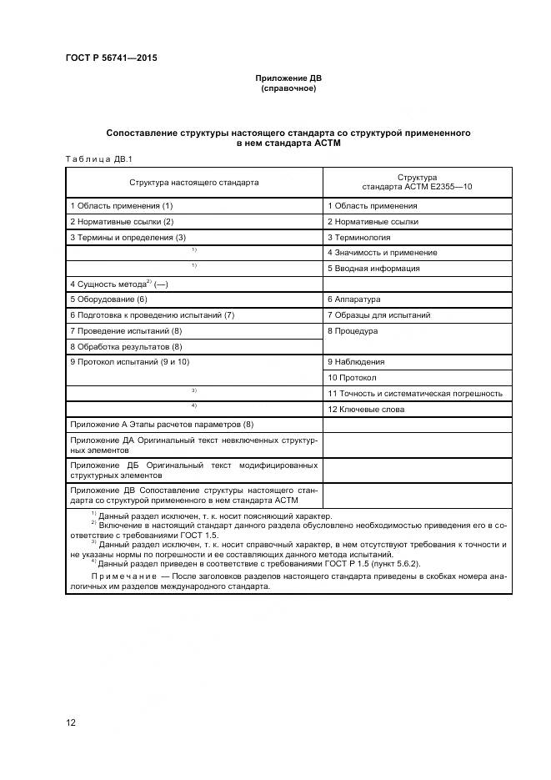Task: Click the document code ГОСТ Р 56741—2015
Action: [x=111, y=58]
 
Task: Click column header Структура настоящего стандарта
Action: [x=193, y=182]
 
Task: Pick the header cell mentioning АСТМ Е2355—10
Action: [x=417, y=182]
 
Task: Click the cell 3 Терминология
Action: [x=358, y=238]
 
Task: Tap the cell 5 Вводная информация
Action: [x=373, y=269]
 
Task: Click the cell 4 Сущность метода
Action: [x=119, y=284]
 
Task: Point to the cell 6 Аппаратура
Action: [x=353, y=299]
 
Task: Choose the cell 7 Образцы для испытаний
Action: [x=378, y=315]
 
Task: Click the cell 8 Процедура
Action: [x=353, y=331]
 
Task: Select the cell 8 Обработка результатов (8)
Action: [x=126, y=346]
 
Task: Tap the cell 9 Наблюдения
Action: [x=356, y=362]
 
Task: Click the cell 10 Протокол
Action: [x=351, y=378]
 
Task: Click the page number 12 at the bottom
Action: [x=71, y=722]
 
